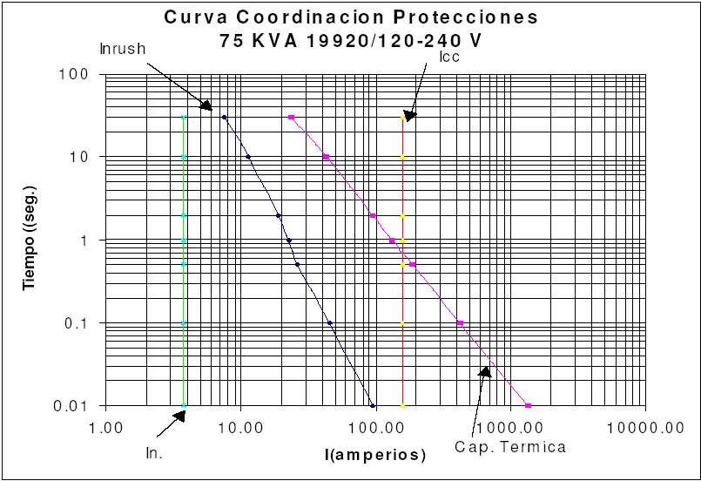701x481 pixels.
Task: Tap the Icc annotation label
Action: tap(449, 57)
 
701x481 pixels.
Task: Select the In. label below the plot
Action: tap(154, 452)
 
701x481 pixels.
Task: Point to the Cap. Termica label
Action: tap(510, 447)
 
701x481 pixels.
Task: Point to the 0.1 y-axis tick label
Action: tap(77, 323)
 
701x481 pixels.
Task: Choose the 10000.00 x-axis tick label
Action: tap(644, 427)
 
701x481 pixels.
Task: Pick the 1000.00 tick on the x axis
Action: tap(510, 427)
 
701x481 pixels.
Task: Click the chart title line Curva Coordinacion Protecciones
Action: tap(351, 17)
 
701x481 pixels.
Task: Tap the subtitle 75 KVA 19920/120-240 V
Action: tap(351, 39)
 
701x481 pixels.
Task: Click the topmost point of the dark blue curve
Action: tap(224, 117)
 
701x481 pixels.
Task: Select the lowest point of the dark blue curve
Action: tap(373, 405)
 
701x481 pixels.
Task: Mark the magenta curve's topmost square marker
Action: tap(291, 117)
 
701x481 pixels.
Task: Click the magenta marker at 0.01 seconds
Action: tap(528, 405)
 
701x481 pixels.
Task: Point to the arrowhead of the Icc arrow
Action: tap(408, 114)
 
